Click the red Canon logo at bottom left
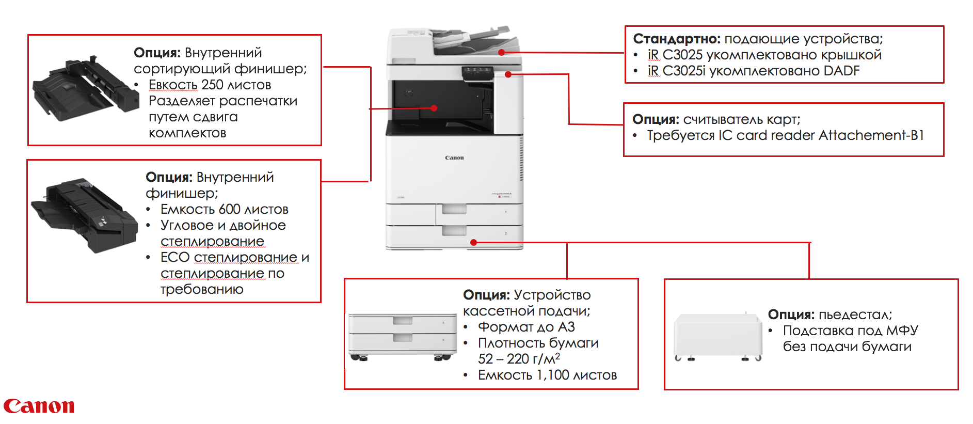coord(39,406)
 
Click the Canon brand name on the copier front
coord(454,158)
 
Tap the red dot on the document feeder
coord(502,52)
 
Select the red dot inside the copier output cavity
coord(434,108)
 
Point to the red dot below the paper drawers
coord(474,242)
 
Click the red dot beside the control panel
coord(508,74)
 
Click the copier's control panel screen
coord(477,73)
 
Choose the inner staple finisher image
coord(84,215)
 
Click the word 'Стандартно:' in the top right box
coord(677,39)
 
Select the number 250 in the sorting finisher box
coord(212,85)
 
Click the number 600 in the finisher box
coord(229,209)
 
